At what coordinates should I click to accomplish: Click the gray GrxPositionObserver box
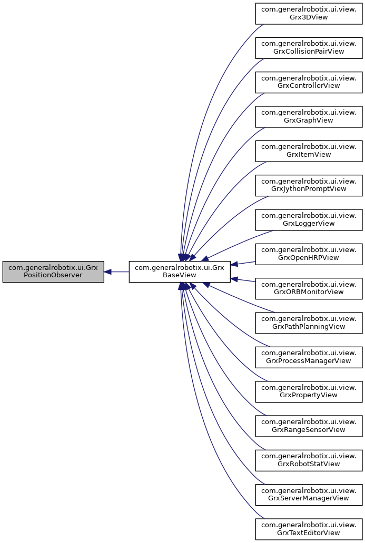pos(53,271)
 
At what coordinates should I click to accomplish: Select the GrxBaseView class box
pos(180,271)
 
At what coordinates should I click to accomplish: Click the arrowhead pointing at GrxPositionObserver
pos(107,271)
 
